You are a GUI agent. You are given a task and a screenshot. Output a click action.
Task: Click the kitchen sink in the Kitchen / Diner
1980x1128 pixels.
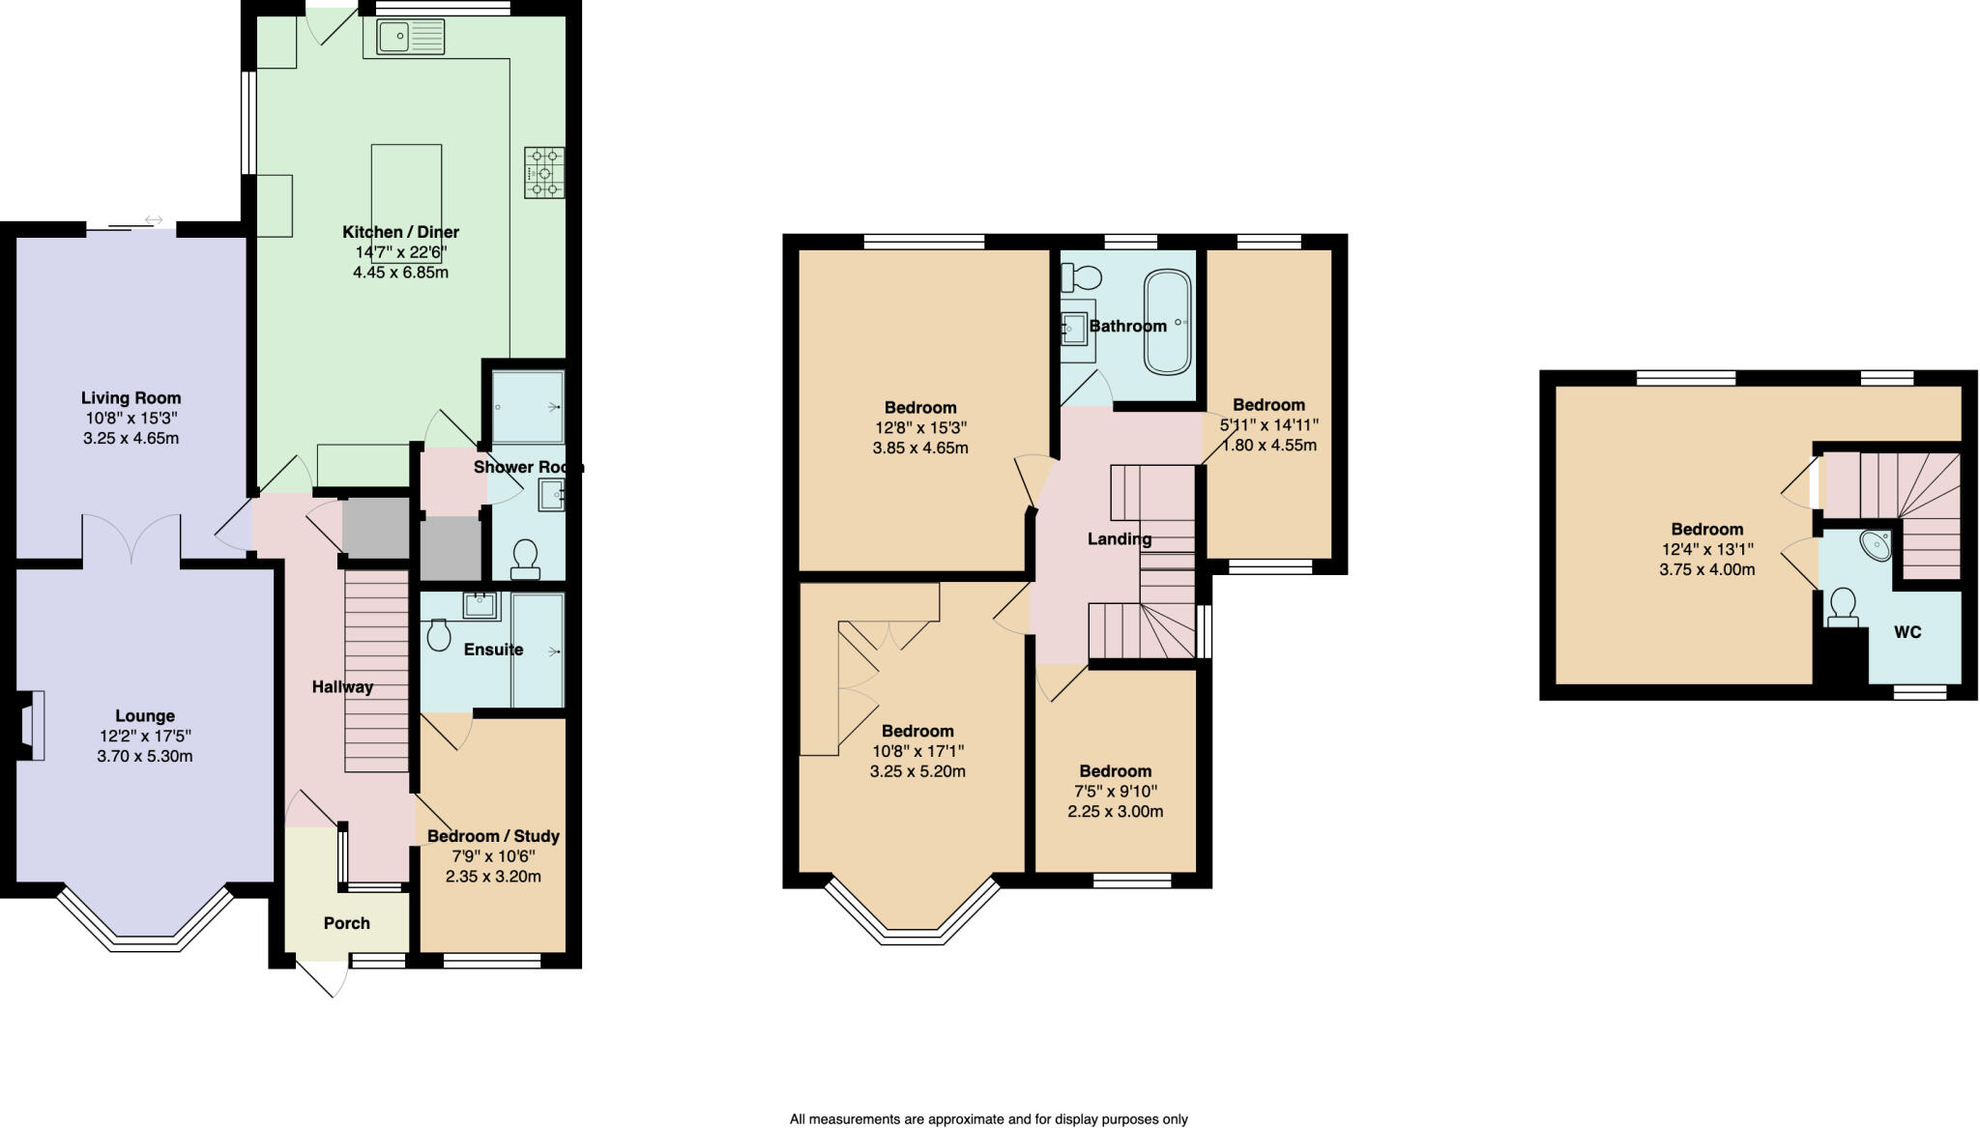(410, 38)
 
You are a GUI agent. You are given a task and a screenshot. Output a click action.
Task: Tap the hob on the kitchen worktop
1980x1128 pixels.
(544, 172)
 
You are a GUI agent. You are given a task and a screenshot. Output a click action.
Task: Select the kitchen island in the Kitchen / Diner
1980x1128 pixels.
(407, 203)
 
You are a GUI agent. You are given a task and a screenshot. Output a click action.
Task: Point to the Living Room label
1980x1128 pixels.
(131, 397)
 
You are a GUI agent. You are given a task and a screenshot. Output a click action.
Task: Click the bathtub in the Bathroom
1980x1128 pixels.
(1168, 322)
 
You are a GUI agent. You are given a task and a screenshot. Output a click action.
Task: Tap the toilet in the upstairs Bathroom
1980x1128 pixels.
(1081, 278)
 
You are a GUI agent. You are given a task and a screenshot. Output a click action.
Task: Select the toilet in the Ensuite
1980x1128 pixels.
(438, 635)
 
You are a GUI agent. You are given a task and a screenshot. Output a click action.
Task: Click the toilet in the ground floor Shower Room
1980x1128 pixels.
(525, 558)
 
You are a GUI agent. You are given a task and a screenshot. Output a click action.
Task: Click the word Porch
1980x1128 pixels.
(347, 923)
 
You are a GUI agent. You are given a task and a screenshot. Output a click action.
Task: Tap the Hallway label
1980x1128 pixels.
(342, 687)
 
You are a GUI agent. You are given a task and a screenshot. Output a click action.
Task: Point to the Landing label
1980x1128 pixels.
(1120, 539)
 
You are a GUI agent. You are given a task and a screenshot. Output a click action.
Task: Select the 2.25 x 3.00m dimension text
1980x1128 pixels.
(1116, 812)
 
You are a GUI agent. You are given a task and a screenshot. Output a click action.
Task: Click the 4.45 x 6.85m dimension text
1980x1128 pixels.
(400, 273)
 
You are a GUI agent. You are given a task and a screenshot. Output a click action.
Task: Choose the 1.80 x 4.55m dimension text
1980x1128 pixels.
(1269, 446)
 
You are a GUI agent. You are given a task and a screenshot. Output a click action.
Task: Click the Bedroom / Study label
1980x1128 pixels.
(493, 836)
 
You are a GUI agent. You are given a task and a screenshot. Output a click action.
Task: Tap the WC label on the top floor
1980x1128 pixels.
(1907, 632)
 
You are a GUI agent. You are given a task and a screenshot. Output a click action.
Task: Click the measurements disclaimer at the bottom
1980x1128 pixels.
(989, 1119)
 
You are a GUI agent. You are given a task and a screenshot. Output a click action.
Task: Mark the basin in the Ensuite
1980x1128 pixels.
(480, 606)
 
